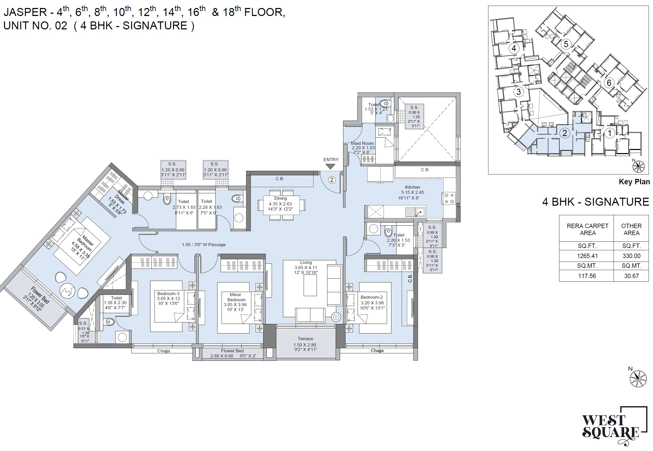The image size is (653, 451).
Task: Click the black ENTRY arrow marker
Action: coord(330,167)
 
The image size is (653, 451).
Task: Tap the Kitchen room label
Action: coord(412,187)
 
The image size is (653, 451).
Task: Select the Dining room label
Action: coord(280,198)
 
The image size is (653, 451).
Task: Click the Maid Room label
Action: coord(362,143)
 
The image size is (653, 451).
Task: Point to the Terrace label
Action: coord(305,339)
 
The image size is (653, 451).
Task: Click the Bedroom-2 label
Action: coord(372,297)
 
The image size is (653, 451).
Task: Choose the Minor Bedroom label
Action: coord(236,297)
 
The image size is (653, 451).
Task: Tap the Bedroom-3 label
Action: coord(168,293)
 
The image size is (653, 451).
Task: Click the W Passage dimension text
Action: coord(204,245)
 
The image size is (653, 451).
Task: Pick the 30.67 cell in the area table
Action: coord(631,276)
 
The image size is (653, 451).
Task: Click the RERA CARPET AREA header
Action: coord(587,229)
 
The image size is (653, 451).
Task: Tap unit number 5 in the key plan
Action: coord(566,44)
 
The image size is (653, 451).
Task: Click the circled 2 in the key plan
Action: coord(565,133)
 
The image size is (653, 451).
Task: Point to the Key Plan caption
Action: coord(634,182)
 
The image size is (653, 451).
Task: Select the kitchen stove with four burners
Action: coord(449,198)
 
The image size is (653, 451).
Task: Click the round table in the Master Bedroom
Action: coord(68,291)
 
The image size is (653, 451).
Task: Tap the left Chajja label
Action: coord(164,351)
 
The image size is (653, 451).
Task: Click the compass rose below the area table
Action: coord(638,378)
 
